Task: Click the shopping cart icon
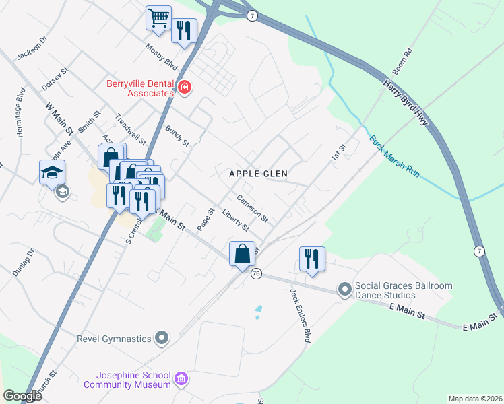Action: point(158,18)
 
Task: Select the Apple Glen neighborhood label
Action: point(258,174)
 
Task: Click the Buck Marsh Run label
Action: point(394,156)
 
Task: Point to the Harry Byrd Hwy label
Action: point(406,106)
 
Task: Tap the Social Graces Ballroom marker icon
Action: point(345,290)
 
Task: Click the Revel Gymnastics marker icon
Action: point(162,337)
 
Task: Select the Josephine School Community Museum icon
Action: point(181,380)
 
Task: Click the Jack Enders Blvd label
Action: point(300,316)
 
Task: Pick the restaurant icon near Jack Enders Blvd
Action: point(312,259)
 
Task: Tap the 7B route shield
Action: point(256,274)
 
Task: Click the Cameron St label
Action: point(253,209)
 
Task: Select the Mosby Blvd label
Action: point(162,59)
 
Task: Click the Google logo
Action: point(22,396)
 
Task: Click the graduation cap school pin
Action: point(52,172)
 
